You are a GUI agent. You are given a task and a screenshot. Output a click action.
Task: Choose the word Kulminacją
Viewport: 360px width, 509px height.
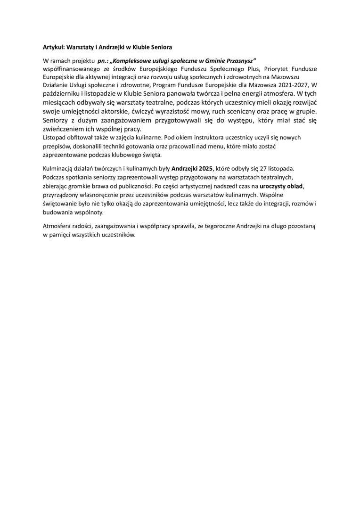[x=59, y=168]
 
